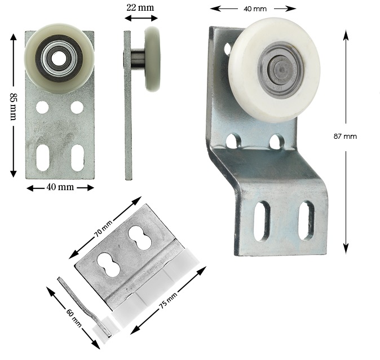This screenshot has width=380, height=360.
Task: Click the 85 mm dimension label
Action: [13, 107]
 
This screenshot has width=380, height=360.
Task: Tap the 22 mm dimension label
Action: [140, 7]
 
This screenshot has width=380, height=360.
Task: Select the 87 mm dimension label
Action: [345, 137]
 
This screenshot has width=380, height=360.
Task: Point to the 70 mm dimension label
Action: [103, 229]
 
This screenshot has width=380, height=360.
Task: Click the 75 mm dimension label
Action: [168, 300]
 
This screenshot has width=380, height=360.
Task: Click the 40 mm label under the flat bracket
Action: [60, 187]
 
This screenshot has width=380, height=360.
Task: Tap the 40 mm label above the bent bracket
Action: [255, 9]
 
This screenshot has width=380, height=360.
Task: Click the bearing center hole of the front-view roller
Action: [57, 59]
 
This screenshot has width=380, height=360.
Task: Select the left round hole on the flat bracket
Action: [42, 107]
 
